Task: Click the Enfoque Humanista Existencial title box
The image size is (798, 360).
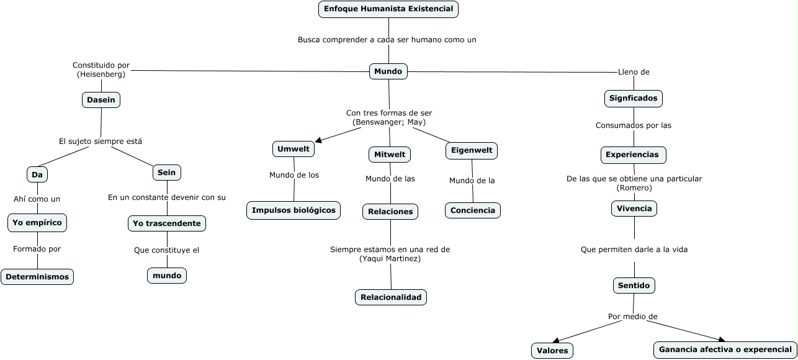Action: point(388,9)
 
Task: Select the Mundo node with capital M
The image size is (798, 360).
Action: point(388,71)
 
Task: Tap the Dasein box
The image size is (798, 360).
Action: point(101,100)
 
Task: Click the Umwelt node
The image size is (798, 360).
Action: point(294,149)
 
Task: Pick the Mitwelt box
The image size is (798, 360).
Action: point(390,154)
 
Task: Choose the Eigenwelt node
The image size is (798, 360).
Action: point(472,150)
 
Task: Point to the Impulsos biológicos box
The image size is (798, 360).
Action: point(294,210)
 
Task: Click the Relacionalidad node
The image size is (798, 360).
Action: point(391,297)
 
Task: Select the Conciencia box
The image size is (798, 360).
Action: point(473,210)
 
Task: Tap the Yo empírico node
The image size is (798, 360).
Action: point(37,222)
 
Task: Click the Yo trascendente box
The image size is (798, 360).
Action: point(167,223)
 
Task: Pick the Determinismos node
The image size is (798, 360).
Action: point(37,277)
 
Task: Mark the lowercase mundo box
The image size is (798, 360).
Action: point(167,275)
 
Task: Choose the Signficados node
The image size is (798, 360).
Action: point(633,98)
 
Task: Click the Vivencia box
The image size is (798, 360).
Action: point(634,209)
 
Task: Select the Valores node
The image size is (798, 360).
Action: point(552,351)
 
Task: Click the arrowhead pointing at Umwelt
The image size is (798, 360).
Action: point(319,141)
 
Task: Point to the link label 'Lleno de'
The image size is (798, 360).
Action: point(634,72)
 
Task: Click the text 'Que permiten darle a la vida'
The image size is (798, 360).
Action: point(634,250)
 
